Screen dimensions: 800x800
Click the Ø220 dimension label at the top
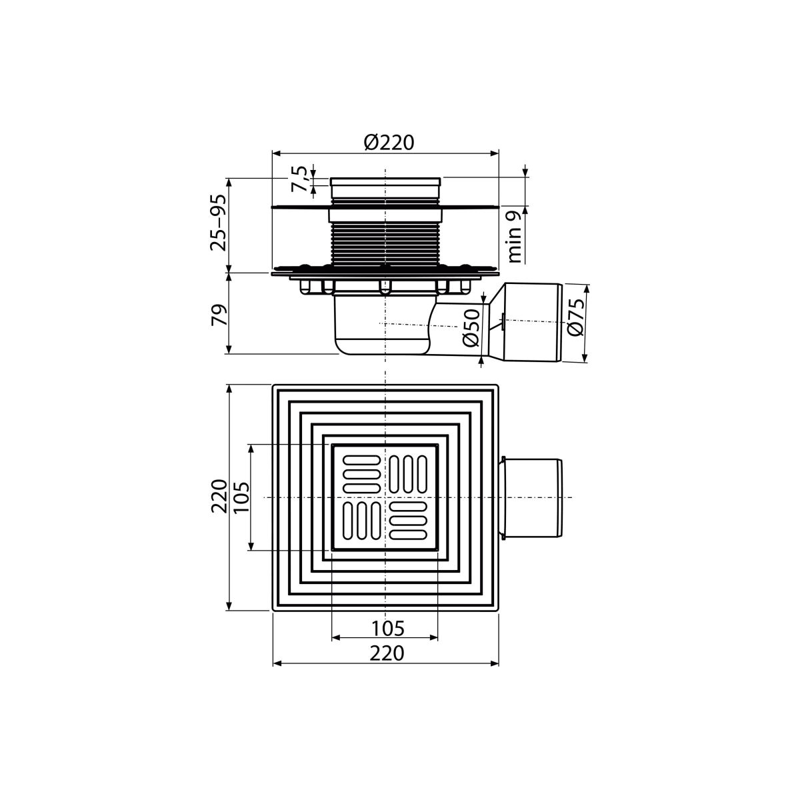(x=389, y=143)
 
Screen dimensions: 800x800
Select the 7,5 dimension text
(x=299, y=179)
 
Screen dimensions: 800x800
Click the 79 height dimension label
(x=219, y=315)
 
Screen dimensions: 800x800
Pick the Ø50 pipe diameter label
(x=471, y=328)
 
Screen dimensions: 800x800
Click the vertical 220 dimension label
(x=219, y=497)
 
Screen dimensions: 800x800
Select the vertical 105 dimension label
(x=242, y=497)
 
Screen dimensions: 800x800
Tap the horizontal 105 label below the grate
(x=387, y=629)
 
